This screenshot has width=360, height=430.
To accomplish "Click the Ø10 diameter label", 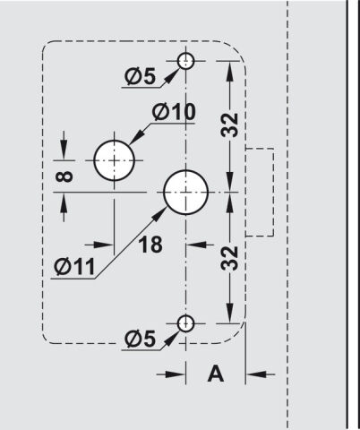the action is click(174, 112).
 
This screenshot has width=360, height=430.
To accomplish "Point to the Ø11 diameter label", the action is click(74, 266).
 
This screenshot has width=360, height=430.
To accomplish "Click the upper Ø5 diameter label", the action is click(140, 76).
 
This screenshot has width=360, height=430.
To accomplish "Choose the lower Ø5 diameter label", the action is click(140, 339).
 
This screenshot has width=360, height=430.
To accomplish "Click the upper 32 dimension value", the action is click(229, 125).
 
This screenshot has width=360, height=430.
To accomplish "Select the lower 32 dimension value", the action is click(229, 258).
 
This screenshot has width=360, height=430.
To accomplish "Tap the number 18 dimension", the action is click(150, 245).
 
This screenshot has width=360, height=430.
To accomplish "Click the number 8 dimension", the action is click(64, 176).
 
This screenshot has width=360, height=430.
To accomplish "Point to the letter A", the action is click(216, 374).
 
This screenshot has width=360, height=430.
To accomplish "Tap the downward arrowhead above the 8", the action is click(64, 150).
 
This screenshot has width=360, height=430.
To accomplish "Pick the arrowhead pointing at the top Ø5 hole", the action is click(171, 76).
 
